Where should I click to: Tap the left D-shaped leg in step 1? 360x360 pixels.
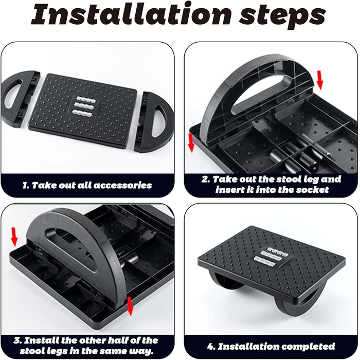coord(20,99)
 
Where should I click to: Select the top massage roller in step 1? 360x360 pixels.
coord(86,99)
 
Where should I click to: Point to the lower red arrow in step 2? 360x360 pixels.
coord(191,142)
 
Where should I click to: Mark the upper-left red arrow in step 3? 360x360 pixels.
coord(14,237)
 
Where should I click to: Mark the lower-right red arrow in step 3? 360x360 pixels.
coord(130,306)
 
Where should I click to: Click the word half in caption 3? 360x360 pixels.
coord(113,340)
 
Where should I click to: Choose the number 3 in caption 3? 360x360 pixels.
coord(16,340)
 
